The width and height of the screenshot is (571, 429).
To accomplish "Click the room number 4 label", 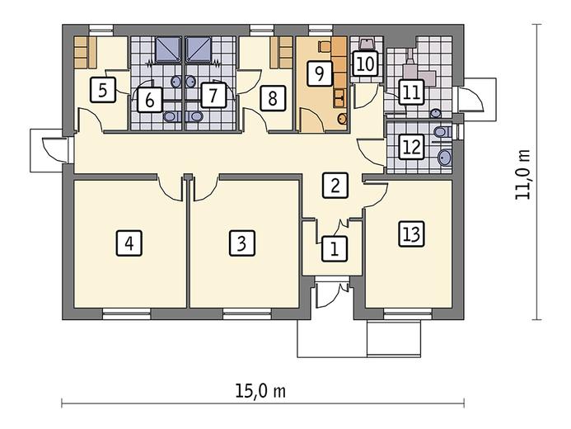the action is (x=129, y=243).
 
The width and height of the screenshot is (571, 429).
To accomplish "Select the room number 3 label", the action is (x=242, y=243).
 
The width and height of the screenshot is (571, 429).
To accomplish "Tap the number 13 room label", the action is (x=411, y=234).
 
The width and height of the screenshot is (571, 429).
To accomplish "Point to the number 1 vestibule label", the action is (x=335, y=249).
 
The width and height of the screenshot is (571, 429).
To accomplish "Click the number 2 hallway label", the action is (x=335, y=185).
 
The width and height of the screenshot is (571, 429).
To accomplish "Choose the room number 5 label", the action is (x=103, y=90).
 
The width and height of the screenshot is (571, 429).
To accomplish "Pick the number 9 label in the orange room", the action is (x=320, y=74).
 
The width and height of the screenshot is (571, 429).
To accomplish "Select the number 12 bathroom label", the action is (x=411, y=147).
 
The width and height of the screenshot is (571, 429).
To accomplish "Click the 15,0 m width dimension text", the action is (x=260, y=391).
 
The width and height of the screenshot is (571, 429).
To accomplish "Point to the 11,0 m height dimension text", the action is (x=523, y=174).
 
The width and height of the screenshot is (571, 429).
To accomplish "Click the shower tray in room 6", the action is (x=168, y=49).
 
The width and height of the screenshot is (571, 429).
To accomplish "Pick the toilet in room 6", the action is (x=171, y=116).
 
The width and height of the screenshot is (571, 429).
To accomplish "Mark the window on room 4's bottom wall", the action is (x=126, y=313).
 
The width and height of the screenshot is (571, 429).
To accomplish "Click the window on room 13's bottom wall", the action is (x=408, y=313).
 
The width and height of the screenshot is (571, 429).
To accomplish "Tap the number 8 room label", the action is (x=273, y=98).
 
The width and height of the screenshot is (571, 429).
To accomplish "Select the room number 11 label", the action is (x=411, y=92).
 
